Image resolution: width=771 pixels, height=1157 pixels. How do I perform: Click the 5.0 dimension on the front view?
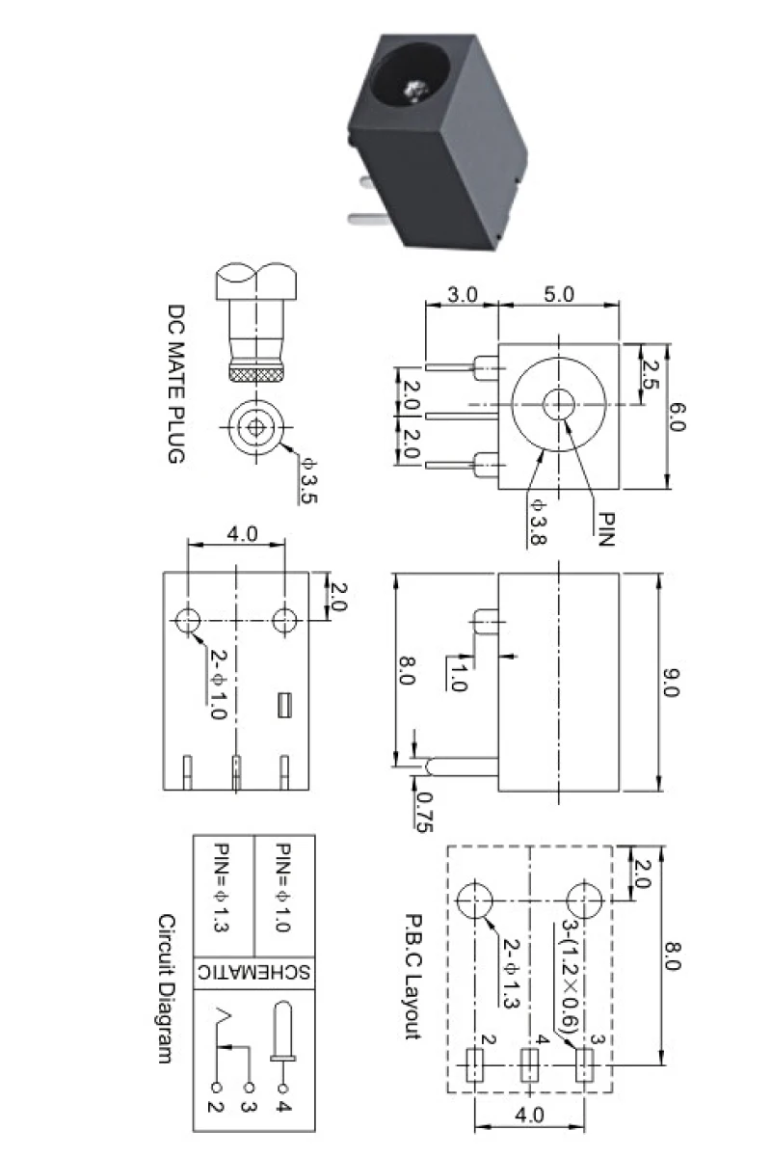(x=557, y=294)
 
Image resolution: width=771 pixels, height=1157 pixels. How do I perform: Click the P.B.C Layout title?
(x=412, y=976)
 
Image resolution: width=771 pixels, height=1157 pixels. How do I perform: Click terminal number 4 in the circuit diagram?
(x=283, y=1104)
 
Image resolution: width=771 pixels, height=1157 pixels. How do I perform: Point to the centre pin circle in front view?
(x=557, y=404)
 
